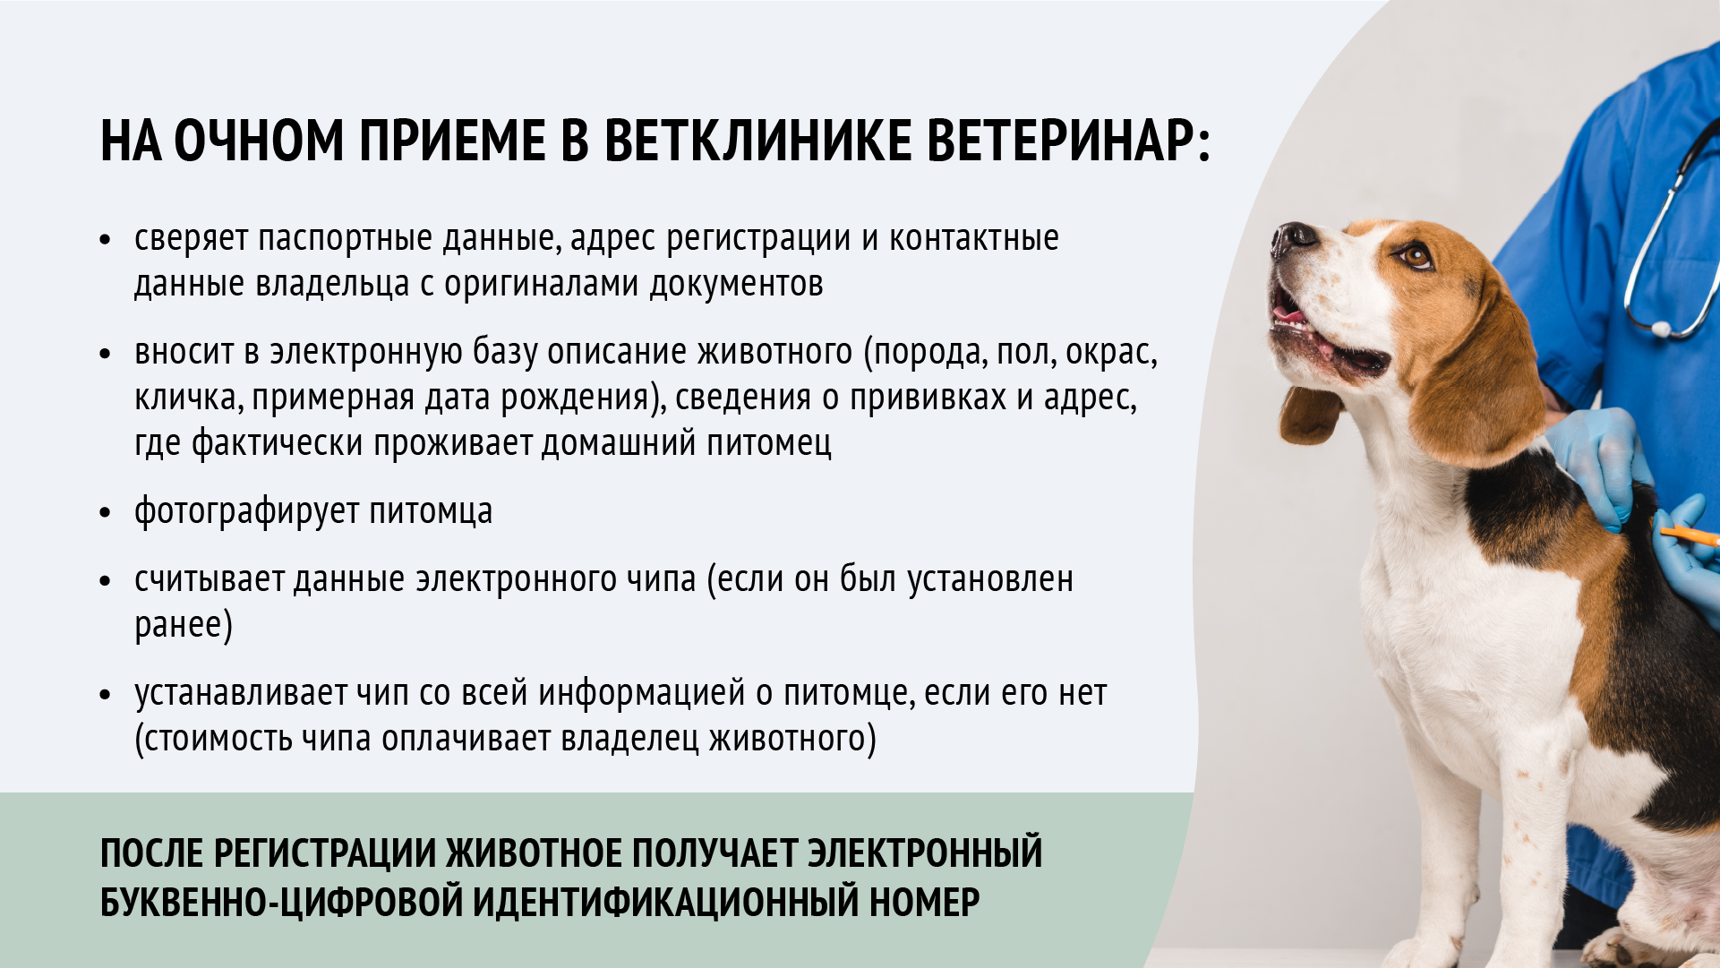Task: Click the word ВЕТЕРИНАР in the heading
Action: tap(1067, 141)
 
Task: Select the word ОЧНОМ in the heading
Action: tap(259, 141)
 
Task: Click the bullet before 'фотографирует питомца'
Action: tap(106, 513)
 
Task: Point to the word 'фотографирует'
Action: tap(246, 512)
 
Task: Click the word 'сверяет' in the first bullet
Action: tap(191, 239)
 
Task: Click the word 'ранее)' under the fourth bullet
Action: tap(183, 625)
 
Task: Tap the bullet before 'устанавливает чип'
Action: tap(106, 695)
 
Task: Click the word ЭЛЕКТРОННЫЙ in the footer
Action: tap(925, 852)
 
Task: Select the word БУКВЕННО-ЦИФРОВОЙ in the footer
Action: tap(280, 902)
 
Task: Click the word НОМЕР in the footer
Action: tap(924, 902)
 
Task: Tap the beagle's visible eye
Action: tap(1416, 257)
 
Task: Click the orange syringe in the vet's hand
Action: tap(1687, 535)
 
